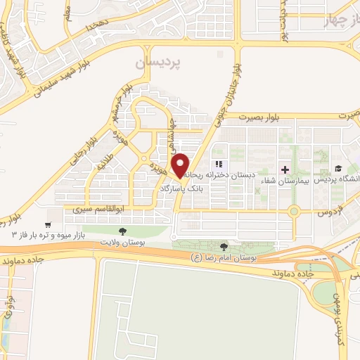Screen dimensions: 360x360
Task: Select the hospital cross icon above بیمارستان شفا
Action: click(285, 169)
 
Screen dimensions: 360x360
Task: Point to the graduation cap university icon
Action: click(338, 169)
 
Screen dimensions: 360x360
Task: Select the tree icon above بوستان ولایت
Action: click(124, 231)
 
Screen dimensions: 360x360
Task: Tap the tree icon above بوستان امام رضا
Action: click(224, 246)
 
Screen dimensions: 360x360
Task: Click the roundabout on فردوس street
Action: click(295, 210)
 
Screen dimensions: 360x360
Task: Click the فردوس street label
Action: click(325, 211)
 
